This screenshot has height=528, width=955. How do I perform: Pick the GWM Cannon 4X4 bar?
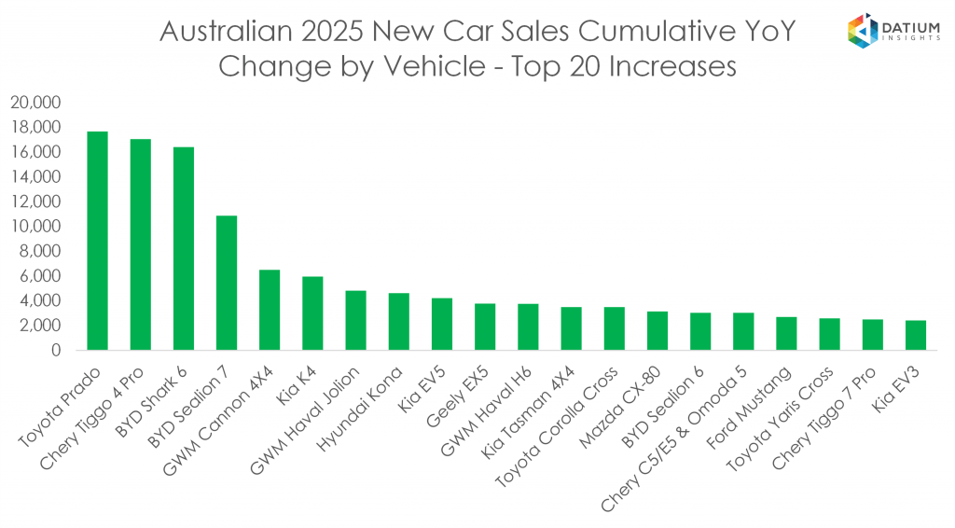tap(270, 310)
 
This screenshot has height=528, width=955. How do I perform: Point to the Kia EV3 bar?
tap(915, 335)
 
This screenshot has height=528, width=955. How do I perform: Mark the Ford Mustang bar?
tap(786, 333)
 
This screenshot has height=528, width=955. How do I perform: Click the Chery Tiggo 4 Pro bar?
tap(141, 244)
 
